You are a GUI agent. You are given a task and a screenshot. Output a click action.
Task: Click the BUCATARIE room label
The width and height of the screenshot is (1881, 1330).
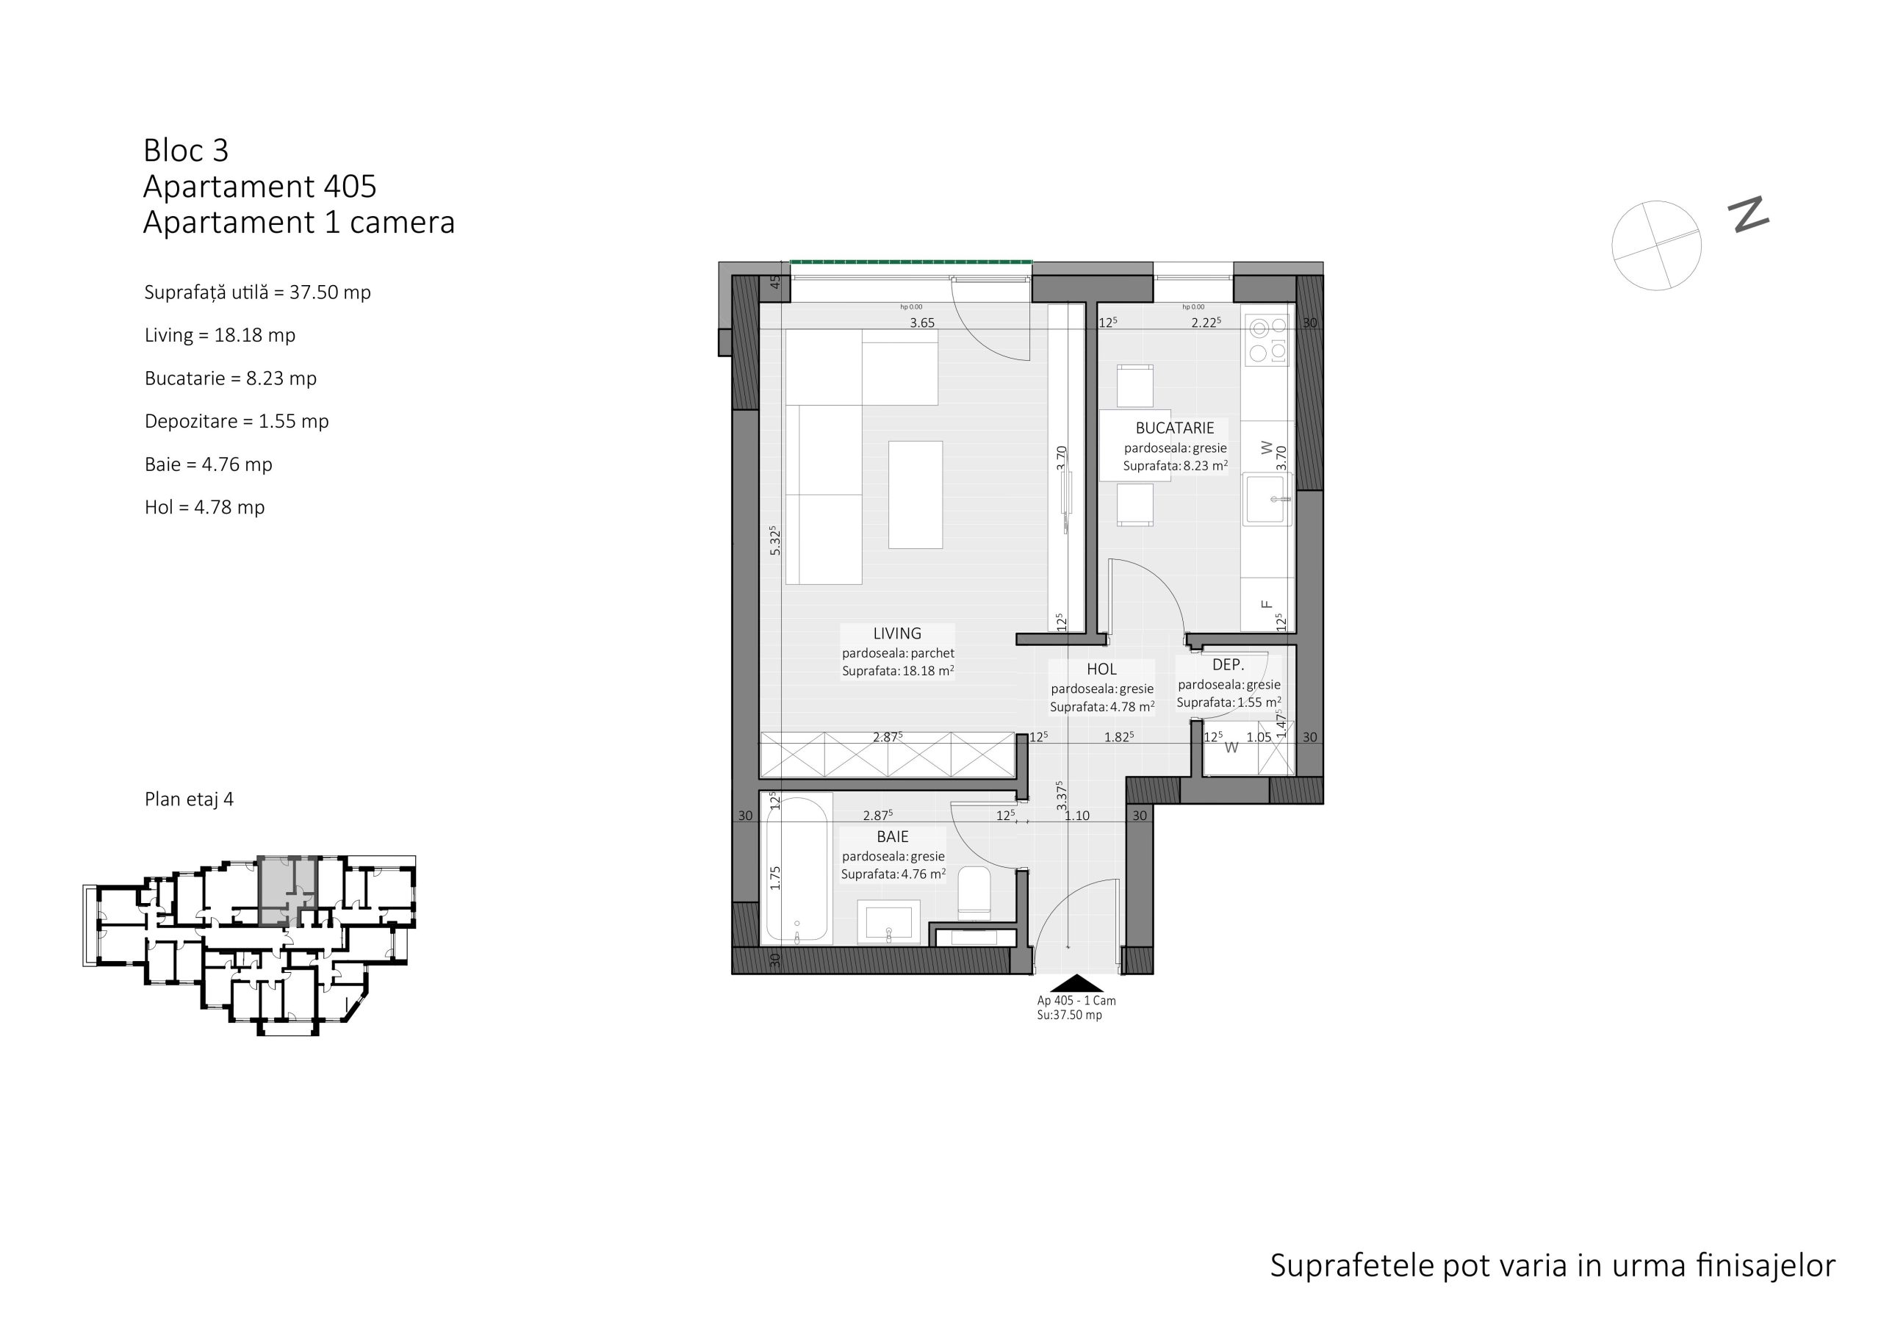pyautogui.click(x=1175, y=428)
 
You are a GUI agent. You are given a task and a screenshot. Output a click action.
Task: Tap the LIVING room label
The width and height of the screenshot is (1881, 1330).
pyautogui.click(x=897, y=633)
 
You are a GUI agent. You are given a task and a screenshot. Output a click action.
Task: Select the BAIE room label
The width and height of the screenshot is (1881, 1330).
pyautogui.click(x=892, y=837)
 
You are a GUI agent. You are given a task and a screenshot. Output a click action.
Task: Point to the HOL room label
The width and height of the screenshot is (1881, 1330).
pyautogui.click(x=1102, y=669)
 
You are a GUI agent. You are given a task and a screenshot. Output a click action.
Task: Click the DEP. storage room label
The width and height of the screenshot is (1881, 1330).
pyautogui.click(x=1228, y=666)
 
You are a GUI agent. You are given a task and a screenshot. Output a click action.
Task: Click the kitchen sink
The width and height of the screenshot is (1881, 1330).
pyautogui.click(x=1267, y=499)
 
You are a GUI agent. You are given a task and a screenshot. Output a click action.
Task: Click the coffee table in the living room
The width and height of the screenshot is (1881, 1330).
pyautogui.click(x=915, y=495)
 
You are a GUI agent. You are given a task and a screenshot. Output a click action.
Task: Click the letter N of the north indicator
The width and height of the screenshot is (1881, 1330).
pyautogui.click(x=1748, y=215)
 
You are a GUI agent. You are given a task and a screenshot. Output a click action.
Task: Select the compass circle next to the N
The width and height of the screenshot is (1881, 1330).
pyautogui.click(x=1656, y=245)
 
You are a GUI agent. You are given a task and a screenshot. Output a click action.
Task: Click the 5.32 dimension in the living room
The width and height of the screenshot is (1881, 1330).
pyautogui.click(x=775, y=541)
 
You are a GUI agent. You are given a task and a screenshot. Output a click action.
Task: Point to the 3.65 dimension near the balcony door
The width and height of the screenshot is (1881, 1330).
pyautogui.click(x=922, y=323)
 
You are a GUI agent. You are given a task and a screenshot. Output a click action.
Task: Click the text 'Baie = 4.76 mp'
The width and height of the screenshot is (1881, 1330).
pyautogui.click(x=208, y=464)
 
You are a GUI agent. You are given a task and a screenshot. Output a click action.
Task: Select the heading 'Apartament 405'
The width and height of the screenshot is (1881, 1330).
pyautogui.click(x=259, y=187)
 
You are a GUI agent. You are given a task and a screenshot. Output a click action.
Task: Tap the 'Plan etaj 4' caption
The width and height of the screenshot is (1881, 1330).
pyautogui.click(x=190, y=799)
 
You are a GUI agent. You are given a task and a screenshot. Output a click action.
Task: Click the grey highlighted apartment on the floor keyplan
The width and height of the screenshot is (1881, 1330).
pyautogui.click(x=287, y=890)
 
